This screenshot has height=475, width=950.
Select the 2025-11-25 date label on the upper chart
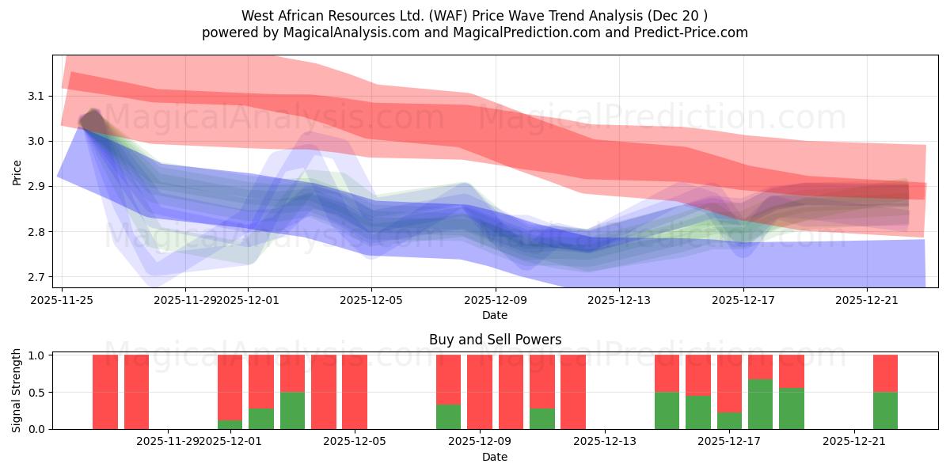pos(63,300)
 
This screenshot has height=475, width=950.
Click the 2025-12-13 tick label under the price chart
pos(619,300)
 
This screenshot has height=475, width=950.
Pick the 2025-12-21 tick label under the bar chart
pos(854,442)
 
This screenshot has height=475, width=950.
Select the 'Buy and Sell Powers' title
pos(495,340)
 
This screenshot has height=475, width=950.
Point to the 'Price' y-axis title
pos(17,171)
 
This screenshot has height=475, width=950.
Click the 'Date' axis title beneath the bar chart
pos(495,457)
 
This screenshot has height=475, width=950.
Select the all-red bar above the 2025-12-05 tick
pos(355,392)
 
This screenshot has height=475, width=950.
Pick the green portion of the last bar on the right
pos(885,411)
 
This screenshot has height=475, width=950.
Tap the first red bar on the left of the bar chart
pos(105,392)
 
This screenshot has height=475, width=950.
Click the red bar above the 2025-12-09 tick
pos(480,392)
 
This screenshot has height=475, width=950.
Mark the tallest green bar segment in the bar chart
pos(760,405)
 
